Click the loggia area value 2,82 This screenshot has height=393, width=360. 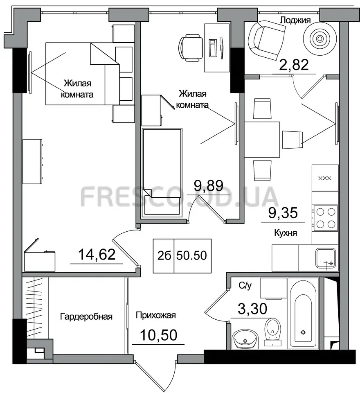point(294,65)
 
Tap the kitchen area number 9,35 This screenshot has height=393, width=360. point(283,213)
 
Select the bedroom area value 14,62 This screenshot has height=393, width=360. point(97,254)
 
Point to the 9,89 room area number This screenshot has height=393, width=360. point(209,186)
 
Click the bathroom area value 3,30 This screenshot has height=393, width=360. point(252,309)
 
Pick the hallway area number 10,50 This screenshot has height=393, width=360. point(159,335)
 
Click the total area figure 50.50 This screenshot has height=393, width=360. point(191,255)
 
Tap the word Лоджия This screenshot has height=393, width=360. point(295,20)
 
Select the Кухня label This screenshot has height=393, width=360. point(286,233)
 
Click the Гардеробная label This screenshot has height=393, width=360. point(86,316)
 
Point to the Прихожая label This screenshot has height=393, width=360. point(155,315)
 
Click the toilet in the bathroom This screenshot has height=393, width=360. point(273,332)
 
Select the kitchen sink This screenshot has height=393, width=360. point(325,258)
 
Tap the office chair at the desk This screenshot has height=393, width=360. point(191,47)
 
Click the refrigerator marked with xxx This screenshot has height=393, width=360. point(325,178)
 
